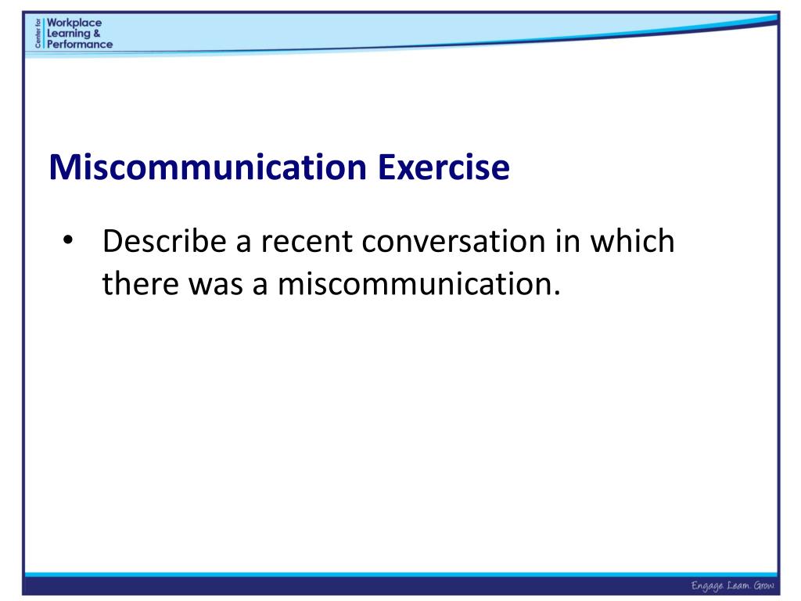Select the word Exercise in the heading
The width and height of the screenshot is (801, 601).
tap(444, 168)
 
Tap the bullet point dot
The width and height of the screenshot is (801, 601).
tap(68, 239)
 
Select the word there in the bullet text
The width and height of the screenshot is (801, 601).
tap(139, 283)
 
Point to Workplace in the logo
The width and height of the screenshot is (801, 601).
tap(74, 23)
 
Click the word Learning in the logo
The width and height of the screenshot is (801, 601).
tap(69, 33)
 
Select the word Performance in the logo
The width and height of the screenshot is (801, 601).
tap(79, 44)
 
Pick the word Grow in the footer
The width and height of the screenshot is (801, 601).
tap(763, 586)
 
